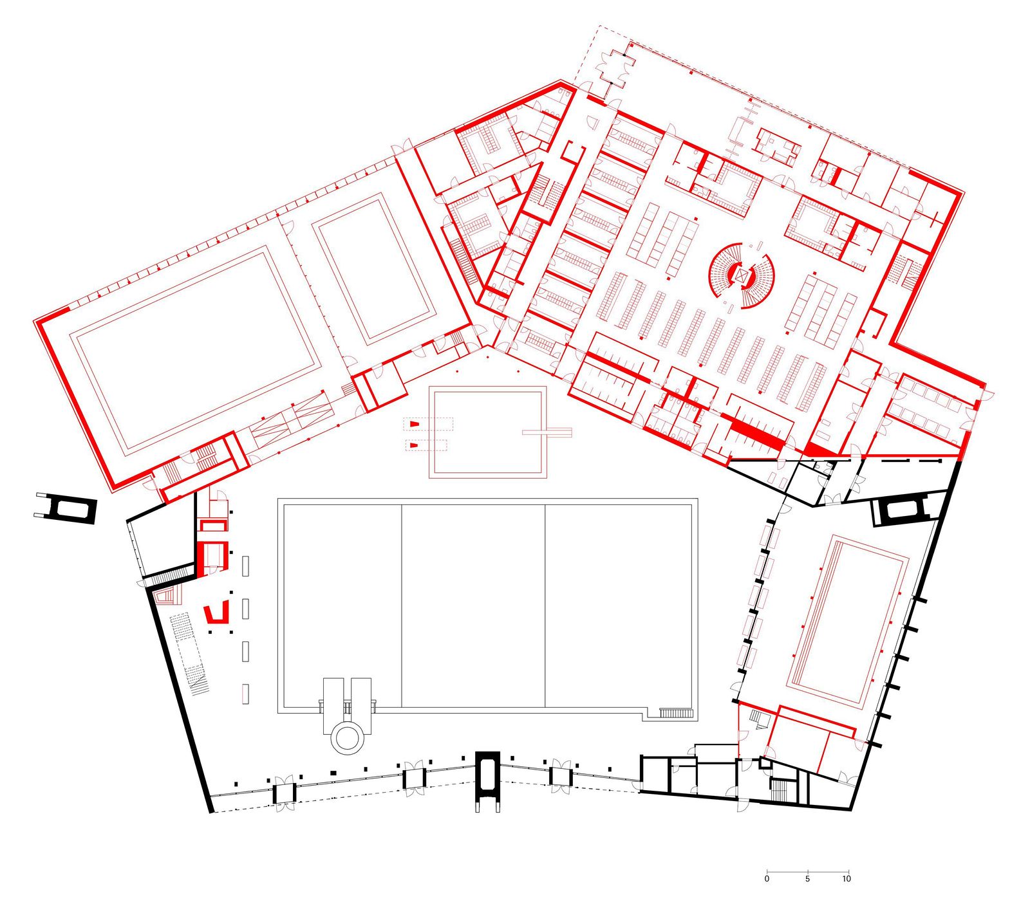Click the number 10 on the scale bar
847,878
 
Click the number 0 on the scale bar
767,878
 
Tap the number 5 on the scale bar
807,878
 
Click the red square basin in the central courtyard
487,431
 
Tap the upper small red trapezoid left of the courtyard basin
415,423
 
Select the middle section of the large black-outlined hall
473,605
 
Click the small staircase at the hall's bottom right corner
675,713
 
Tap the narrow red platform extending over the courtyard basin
547,432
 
